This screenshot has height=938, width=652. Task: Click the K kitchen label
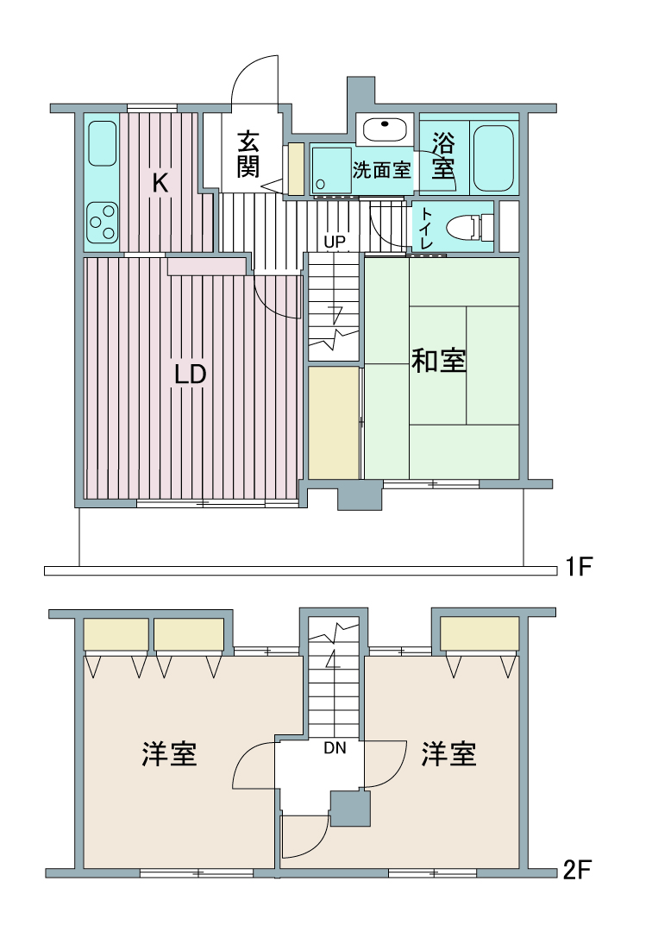pyautogui.click(x=160, y=182)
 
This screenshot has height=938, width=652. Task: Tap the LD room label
pyautogui.click(x=190, y=374)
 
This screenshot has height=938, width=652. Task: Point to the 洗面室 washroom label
pyautogui.click(x=381, y=170)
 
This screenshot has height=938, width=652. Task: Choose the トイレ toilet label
pyautogui.click(x=426, y=227)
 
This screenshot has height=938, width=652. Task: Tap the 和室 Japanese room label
pyautogui.click(x=439, y=361)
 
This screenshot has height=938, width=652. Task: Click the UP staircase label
pyautogui.click(x=334, y=242)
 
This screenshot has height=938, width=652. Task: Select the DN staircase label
pyautogui.click(x=335, y=748)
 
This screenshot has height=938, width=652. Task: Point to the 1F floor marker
pyautogui.click(x=579, y=566)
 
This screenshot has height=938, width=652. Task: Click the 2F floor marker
pyautogui.click(x=577, y=869)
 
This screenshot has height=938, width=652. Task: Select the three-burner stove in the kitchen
pyautogui.click(x=102, y=222)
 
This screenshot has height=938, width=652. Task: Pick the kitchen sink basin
pyautogui.click(x=102, y=143)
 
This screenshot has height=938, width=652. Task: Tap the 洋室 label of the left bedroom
pyautogui.click(x=169, y=753)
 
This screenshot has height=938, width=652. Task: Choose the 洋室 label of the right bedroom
pyautogui.click(x=448, y=753)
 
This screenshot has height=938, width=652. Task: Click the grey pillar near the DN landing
pyautogui.click(x=350, y=809)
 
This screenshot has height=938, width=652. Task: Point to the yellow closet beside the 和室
pyautogui.click(x=334, y=422)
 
